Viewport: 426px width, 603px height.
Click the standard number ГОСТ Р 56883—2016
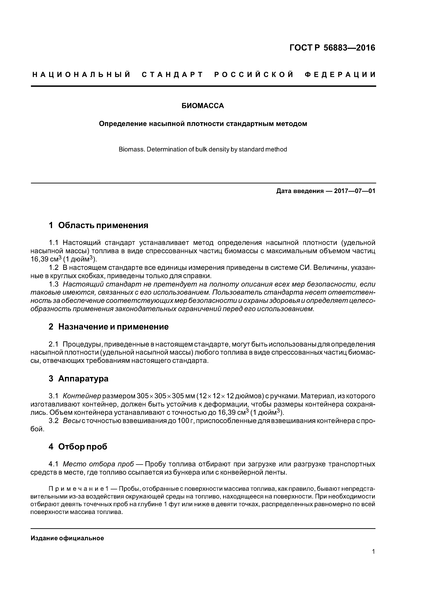pos(332,48)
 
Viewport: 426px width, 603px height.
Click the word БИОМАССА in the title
pos(203,106)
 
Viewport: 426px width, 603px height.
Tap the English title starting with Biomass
pos(203,149)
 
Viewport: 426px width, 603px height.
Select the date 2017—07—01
pos(355,191)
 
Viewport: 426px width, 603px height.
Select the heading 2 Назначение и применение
pos(109,327)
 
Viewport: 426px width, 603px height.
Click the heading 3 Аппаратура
pos(79,379)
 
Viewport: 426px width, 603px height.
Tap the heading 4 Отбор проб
pos(78,447)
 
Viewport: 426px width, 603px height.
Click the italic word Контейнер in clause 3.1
pos(82,396)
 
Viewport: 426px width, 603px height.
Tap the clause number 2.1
pos(54,344)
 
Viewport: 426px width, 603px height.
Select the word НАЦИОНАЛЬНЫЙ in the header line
pos(81,75)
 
